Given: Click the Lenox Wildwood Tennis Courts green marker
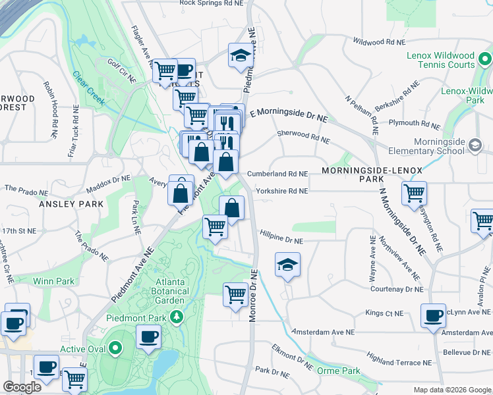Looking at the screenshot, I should point(485,61).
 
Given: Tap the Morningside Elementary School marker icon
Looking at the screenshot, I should point(475,143).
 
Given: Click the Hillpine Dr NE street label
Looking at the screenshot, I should point(281,241).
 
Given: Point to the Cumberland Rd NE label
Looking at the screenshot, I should point(277,174).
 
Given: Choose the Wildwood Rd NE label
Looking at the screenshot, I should point(378,41).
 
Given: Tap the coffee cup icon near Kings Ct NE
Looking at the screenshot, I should point(433,316).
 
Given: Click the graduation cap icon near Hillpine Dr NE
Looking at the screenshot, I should point(287,264).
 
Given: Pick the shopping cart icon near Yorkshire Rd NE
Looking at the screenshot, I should point(414,193).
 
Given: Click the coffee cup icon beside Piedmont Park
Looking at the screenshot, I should point(148,337).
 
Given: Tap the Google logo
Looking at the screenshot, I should point(22,387).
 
